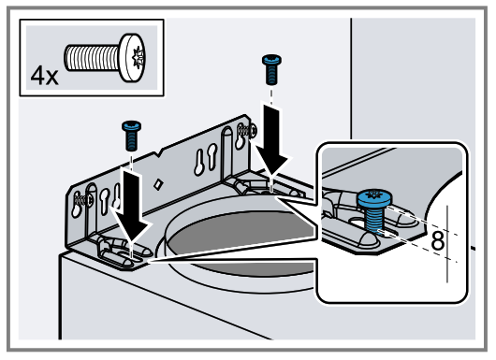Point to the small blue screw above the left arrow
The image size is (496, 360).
pyautogui.click(x=130, y=134)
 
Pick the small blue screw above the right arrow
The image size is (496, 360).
pyautogui.click(x=270, y=69)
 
